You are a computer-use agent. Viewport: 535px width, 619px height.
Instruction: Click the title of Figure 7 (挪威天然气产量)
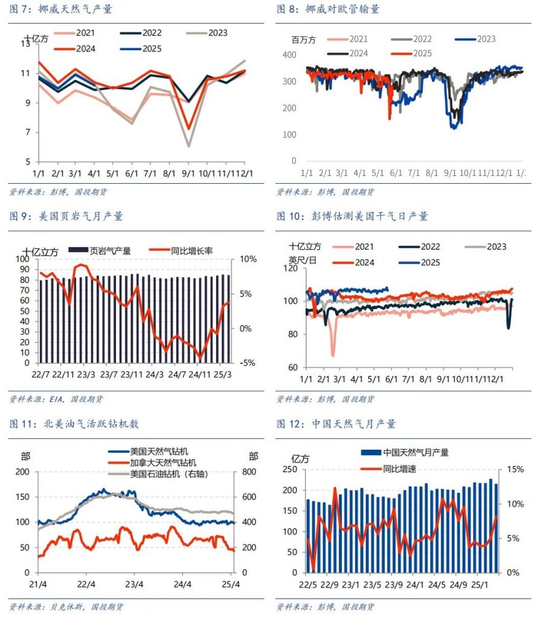tap(61, 8)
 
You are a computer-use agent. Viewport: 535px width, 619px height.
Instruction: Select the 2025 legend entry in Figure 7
tap(141, 49)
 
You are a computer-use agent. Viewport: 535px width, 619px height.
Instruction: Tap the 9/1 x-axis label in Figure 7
tap(188, 173)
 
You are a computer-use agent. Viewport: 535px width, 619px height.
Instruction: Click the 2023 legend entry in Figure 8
tap(475, 39)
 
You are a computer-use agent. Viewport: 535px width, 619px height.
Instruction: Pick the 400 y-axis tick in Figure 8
tap(289, 55)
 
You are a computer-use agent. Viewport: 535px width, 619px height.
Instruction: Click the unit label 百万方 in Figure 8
tap(304, 40)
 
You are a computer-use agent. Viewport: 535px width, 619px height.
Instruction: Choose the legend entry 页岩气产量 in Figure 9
tap(100, 251)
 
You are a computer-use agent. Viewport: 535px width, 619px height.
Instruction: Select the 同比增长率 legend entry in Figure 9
tap(181, 251)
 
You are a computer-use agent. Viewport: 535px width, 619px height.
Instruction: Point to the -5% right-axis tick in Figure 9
tap(247, 363)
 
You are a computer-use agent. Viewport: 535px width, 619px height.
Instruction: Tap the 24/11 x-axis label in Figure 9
tap(199, 374)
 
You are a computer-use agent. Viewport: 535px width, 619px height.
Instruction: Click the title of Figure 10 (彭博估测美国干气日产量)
tap(352, 216)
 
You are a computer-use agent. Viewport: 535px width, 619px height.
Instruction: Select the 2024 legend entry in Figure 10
tap(353, 263)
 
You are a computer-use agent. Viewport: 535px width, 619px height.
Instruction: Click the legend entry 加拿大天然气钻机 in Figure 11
tap(152, 462)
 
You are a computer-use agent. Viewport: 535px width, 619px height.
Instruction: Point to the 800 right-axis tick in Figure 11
tap(249, 472)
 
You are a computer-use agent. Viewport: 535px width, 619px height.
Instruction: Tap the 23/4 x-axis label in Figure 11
tap(134, 585)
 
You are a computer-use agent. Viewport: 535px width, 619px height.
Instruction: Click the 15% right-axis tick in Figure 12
tap(515, 469)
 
